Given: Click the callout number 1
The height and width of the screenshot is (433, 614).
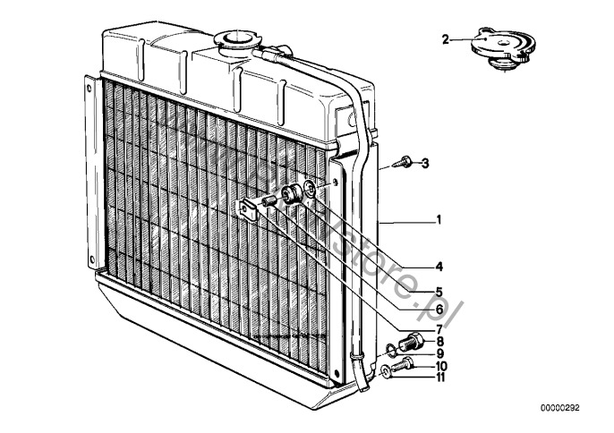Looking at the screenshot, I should point(438,219).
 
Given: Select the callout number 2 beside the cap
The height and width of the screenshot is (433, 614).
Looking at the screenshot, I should point(446,38).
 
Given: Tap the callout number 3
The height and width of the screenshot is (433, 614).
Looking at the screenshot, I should point(425,163).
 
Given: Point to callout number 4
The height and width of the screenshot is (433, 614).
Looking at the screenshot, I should point(438,267).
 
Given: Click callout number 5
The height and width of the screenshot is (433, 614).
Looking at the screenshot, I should point(438,290).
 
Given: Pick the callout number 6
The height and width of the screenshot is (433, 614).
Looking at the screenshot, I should point(438,310).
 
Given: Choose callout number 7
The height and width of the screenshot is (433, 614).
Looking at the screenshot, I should point(438,329).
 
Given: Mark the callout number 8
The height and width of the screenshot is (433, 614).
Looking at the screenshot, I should point(438,341).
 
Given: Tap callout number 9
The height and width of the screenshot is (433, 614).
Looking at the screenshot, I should point(438,353).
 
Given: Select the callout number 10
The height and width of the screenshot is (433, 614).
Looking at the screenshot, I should point(439,366).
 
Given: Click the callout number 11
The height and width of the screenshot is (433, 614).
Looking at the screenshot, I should point(439,378).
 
